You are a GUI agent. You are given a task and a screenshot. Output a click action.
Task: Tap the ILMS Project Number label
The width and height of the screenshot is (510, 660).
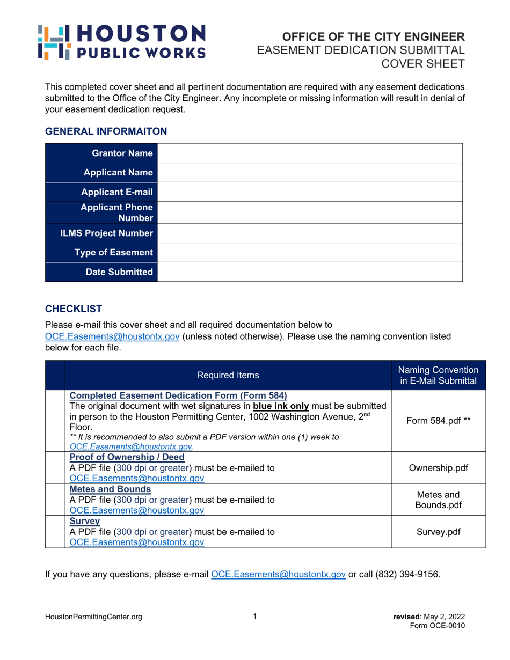[107, 233]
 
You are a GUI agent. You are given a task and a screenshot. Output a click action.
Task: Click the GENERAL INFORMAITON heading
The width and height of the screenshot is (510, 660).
[106, 131]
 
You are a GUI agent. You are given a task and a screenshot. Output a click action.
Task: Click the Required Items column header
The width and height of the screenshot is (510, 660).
[228, 375]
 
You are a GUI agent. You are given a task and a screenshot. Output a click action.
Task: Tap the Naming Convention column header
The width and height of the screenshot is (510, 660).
[438, 375]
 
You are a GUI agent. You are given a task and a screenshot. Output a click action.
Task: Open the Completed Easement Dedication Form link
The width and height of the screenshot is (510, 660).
[179, 397]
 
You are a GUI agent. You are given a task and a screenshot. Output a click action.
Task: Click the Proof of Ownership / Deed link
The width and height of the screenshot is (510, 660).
[127, 457]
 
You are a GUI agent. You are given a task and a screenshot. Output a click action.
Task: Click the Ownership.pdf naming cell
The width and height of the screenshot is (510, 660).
[438, 467]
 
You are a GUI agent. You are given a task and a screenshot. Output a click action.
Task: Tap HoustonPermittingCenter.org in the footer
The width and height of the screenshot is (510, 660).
[93, 617]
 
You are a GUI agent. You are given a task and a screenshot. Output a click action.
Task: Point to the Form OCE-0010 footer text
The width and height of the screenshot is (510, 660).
[438, 626]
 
